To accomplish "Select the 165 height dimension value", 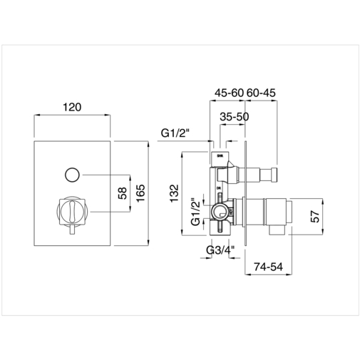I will pos(140,193).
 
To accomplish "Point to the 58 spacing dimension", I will pos(123,192).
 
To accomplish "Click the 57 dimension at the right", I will pos(317,216).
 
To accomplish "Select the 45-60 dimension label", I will pos(228,92).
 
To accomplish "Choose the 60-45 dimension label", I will pos(262,92).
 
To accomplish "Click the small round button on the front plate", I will pos(72,173).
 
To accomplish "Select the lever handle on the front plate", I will pos(71,212).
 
